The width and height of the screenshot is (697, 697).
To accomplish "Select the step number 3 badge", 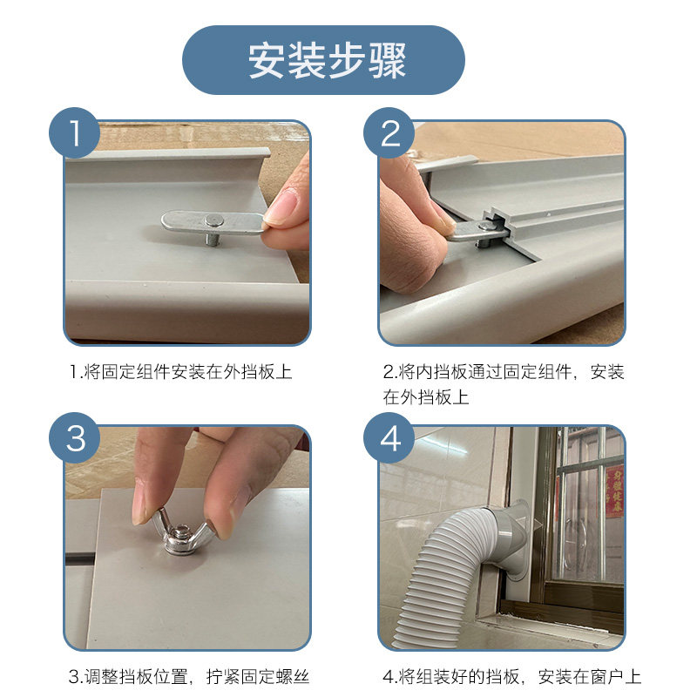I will [76, 438].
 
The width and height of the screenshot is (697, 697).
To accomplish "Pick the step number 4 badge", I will [391, 438].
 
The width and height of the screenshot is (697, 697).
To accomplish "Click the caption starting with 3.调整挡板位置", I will [189, 676].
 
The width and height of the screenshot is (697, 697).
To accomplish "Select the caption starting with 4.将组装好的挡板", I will [512, 676].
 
